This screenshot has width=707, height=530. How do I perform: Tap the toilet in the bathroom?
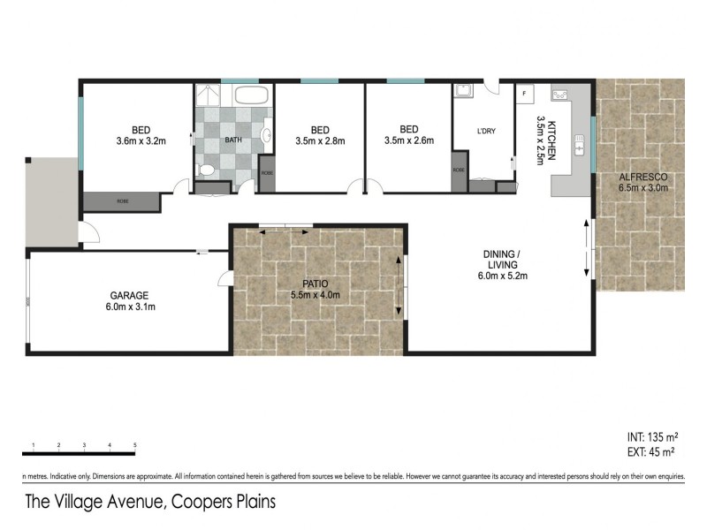(x=205, y=170)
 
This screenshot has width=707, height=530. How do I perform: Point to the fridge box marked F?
(x=524, y=93)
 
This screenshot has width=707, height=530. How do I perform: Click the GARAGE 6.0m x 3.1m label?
(x=129, y=300)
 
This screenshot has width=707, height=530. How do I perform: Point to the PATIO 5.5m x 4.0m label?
(x=315, y=289)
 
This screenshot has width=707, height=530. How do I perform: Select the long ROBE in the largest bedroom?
(x=122, y=201)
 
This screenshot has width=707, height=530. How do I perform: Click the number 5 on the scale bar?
(x=134, y=443)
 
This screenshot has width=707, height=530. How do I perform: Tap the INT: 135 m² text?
(x=650, y=436)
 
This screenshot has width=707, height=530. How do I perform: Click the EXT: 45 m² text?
(x=650, y=452)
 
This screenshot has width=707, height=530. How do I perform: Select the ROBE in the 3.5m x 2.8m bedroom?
(x=267, y=174)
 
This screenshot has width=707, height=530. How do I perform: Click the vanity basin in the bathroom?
(x=267, y=134)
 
